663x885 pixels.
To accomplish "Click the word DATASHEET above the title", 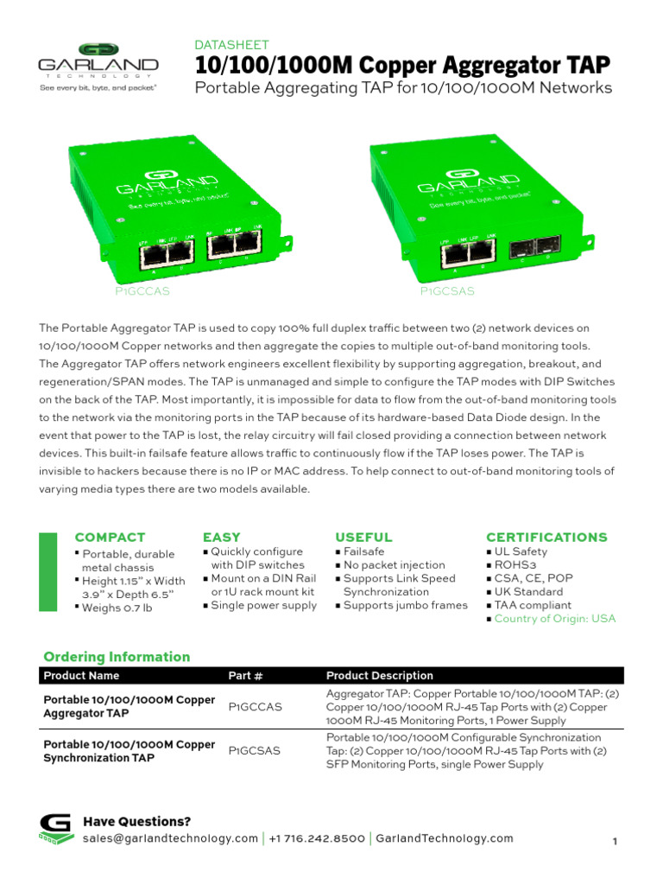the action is coord(231,44).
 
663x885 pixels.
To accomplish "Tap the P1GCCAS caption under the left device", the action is coord(142,291).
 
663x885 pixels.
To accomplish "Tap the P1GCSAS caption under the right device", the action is coord(447,291).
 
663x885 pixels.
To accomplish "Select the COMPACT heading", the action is coord(110,537).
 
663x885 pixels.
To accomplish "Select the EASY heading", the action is coord(221,537).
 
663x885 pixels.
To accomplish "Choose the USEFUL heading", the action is coord(363,537).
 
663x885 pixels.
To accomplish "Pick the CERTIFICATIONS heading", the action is coord(546,537).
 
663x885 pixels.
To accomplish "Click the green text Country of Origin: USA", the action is coord(554,619).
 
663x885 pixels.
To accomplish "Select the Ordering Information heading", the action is coord(117,657).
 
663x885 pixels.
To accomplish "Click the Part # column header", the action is coord(245,675).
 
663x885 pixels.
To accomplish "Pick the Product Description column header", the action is coord(379,675).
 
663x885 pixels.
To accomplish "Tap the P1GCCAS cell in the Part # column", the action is coord(255,707).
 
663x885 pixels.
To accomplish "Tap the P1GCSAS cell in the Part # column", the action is coord(254,751).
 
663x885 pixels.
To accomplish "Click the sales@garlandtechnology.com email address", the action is coord(170,838).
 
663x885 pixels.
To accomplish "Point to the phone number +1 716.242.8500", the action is coord(317,838).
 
